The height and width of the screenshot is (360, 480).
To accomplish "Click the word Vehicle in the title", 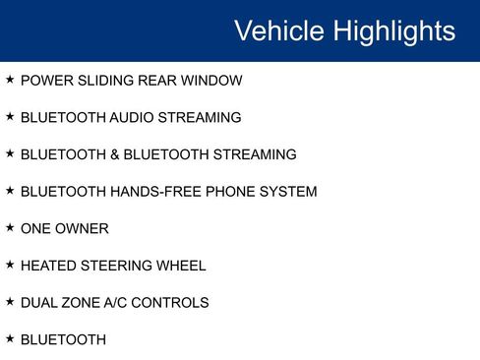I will coord(279,31).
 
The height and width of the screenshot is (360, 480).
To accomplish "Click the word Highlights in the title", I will coord(394,31).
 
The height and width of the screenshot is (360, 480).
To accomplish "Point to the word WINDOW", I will coord(210,81).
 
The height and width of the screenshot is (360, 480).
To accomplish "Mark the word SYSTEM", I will coord(288,192).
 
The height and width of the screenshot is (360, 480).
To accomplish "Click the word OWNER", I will coord(83,229).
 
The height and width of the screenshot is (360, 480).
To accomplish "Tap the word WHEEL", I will coord(183,266).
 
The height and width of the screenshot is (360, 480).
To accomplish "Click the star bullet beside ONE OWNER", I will coord(10,228).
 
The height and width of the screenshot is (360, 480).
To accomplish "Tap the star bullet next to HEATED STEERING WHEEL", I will coord(10,265).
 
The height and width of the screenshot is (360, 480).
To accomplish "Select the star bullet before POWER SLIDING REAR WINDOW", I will coord(10,80).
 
